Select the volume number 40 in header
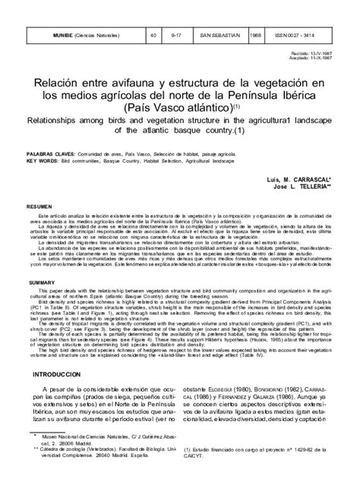(x=153, y=35)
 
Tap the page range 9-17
(x=177, y=35)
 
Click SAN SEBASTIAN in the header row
(x=221, y=35)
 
